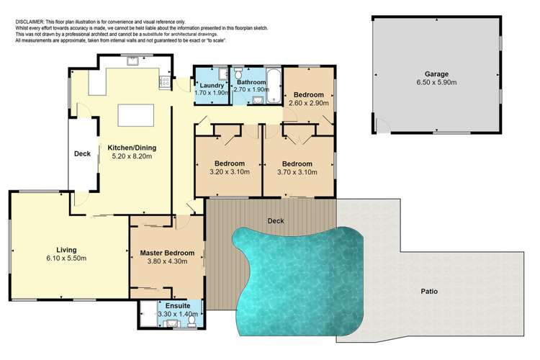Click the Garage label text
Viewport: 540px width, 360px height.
(436, 74)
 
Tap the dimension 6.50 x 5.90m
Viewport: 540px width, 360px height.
(436, 84)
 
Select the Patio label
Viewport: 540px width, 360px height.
(430, 292)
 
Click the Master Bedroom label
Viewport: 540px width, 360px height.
(167, 253)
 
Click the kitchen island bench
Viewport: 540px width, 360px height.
(132, 114)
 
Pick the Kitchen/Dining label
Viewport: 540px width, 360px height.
(132, 148)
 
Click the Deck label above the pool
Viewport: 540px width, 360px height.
(274, 220)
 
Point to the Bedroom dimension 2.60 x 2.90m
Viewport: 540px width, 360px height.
(308, 103)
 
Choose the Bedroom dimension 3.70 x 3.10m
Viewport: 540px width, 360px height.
(297, 171)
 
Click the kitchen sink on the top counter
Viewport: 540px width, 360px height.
(133, 63)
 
